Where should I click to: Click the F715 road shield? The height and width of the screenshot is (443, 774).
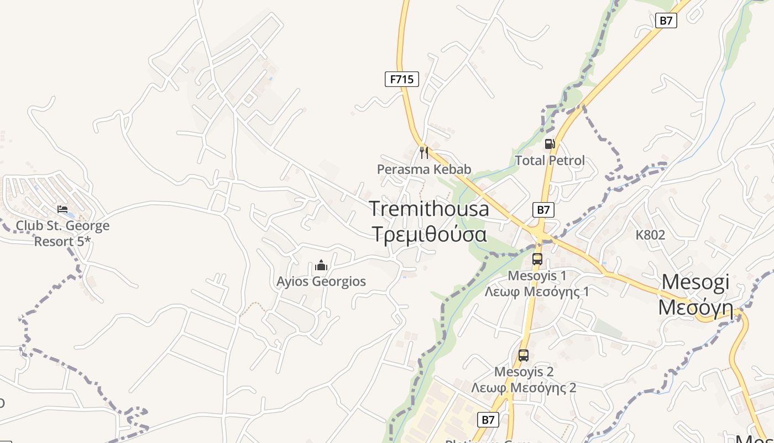pyautogui.click(x=402, y=79)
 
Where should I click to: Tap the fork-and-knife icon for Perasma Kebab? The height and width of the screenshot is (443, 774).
pyautogui.click(x=424, y=152)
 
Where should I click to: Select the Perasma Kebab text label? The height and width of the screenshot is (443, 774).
pyautogui.click(x=424, y=169)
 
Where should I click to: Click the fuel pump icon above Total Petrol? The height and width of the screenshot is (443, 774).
pyautogui.click(x=550, y=144)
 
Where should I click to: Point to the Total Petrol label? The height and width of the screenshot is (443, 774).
pyautogui.click(x=550, y=161)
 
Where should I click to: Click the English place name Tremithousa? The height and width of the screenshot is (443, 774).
pyautogui.click(x=429, y=209)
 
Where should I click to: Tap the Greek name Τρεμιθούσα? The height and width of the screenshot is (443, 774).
pyautogui.click(x=429, y=234)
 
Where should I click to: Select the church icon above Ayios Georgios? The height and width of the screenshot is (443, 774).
pyautogui.click(x=321, y=266)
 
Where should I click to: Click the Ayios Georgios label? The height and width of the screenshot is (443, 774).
pyautogui.click(x=321, y=281)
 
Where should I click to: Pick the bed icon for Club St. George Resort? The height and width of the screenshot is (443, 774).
pyautogui.click(x=62, y=209)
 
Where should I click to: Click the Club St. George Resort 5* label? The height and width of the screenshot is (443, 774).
pyautogui.click(x=62, y=234)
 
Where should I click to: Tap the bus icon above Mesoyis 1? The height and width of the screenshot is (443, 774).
pyautogui.click(x=537, y=259)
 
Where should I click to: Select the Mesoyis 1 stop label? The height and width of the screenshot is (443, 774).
pyautogui.click(x=537, y=275)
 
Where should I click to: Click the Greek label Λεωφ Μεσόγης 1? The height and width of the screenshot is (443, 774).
pyautogui.click(x=537, y=291)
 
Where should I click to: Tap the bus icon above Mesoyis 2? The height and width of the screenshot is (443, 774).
pyautogui.click(x=524, y=356)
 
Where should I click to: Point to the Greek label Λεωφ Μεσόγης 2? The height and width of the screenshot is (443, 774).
pyautogui.click(x=524, y=388)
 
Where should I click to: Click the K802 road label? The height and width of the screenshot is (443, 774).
pyautogui.click(x=650, y=235)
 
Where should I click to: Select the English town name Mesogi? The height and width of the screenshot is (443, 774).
pyautogui.click(x=695, y=282)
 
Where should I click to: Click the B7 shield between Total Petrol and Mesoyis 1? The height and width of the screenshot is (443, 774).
pyautogui.click(x=543, y=210)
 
